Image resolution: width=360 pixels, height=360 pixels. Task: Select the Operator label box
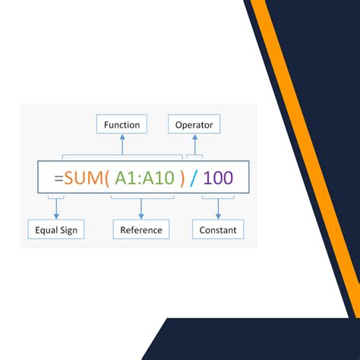coord(195,124)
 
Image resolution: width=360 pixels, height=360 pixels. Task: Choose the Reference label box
coord(141,229)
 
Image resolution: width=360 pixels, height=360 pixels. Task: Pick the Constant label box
coord(218,229)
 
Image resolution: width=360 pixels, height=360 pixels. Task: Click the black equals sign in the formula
coord(58,179)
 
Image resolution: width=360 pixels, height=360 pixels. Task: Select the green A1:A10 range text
coord(143,179)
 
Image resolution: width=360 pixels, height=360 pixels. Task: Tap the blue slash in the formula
coord(194,179)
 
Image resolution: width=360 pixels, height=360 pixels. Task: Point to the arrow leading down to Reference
coord(141,211)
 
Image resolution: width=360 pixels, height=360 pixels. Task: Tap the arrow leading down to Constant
coord(218,211)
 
